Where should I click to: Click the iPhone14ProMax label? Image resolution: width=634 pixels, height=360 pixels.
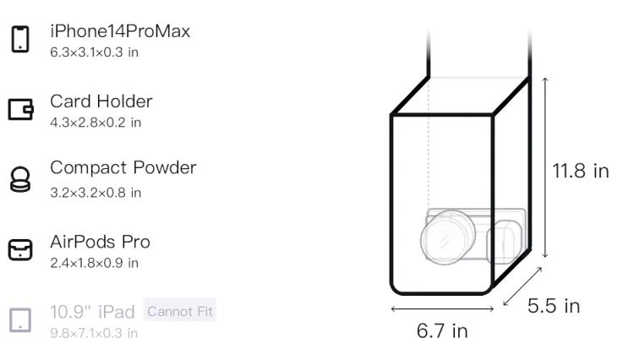pos(120,31)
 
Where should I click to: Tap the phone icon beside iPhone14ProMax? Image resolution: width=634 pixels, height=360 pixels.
pos(20,39)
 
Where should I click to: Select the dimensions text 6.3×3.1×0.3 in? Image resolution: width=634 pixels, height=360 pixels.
pos(94,52)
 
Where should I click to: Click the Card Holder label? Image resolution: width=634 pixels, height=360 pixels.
pos(101,101)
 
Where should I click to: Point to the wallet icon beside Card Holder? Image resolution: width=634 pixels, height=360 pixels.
pos(20,109)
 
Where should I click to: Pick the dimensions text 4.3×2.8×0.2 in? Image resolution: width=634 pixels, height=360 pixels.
pos(96,123)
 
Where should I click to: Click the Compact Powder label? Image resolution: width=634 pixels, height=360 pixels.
pos(123,167)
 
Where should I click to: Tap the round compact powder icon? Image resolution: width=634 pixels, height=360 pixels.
pos(20,179)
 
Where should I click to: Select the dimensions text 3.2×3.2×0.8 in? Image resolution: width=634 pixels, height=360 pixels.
pos(96,193)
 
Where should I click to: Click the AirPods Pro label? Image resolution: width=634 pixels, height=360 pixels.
pos(101,242)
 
